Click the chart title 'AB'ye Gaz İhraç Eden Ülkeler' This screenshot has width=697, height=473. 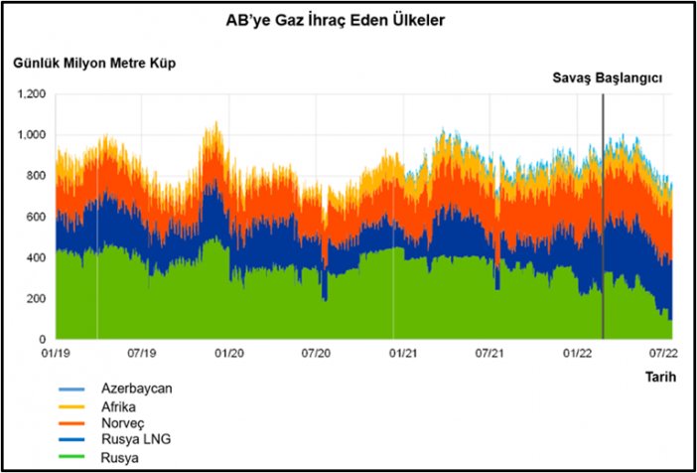click(348, 21)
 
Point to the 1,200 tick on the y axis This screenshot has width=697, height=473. click(34, 93)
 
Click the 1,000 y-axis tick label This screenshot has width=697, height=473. click(34, 135)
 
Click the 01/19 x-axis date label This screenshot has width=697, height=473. click(56, 353)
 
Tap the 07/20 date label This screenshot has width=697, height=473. click(317, 353)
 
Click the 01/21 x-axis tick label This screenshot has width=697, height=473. click(403, 353)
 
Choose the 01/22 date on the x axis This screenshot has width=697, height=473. click(578, 353)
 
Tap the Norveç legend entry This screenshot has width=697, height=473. click(122, 424)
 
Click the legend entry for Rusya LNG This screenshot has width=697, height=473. click(131, 441)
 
